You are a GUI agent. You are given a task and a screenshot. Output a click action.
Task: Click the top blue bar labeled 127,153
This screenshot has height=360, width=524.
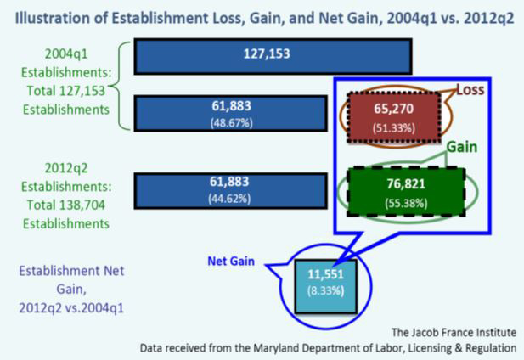coord(273,56)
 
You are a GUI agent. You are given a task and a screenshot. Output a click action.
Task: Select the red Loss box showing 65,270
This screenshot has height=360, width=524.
coord(394,117)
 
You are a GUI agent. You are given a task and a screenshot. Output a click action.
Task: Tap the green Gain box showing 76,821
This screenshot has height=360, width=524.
coord(406,192)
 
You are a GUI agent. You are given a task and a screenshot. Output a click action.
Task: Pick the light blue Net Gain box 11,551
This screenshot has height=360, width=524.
coord(326,286)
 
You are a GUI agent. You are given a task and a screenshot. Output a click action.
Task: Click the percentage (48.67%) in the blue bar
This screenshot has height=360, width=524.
coord(232,123)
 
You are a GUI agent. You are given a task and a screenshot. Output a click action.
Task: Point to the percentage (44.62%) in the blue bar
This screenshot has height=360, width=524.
coord(229,199)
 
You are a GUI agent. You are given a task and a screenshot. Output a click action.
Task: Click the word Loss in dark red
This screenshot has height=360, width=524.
coord(470,89)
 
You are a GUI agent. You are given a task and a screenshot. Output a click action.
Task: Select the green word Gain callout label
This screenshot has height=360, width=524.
coord(462,147)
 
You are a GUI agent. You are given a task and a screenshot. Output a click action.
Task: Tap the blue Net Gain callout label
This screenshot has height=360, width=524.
coord(231,261)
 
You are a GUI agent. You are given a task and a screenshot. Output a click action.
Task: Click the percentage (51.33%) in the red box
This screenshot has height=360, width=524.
coord(394,128)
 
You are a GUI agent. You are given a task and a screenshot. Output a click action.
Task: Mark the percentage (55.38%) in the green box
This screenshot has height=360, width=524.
coord(406,203)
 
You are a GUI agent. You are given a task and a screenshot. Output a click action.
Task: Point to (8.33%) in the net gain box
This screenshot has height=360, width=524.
coord(325,291)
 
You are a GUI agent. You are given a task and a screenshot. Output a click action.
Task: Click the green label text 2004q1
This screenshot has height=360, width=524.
coord(66,53)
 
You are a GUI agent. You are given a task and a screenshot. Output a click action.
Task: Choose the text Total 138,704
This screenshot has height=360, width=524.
coord(66,205)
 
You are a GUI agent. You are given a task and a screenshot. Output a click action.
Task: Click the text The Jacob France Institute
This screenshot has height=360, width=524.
coord(454,332)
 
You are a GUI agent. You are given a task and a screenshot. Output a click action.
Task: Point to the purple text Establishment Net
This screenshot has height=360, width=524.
coord(71,271)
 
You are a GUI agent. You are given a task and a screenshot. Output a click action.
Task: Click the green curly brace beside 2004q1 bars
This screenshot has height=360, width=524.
coord(119,86)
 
